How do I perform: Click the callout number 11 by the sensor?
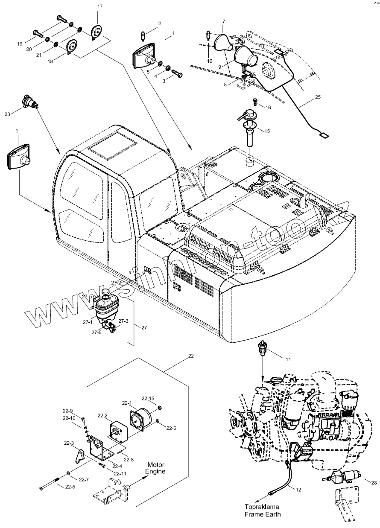[288, 359]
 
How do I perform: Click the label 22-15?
[148, 399]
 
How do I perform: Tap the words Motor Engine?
[155, 468]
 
